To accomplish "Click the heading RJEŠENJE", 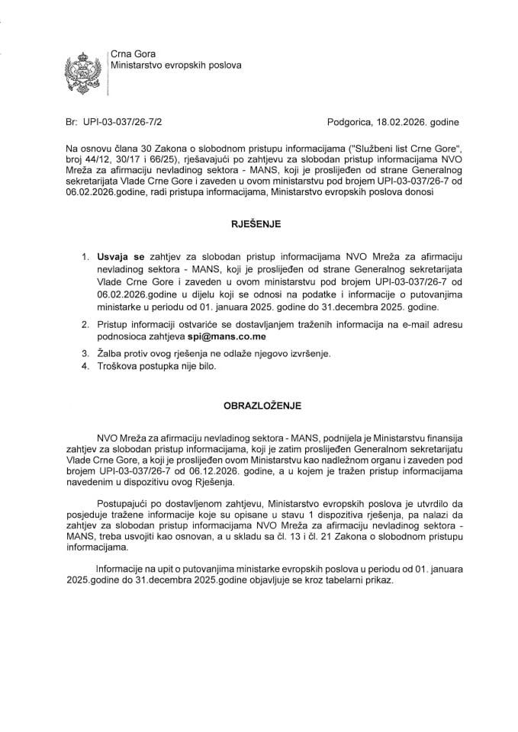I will tap(256, 225).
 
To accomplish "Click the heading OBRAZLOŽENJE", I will tap(256, 406).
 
